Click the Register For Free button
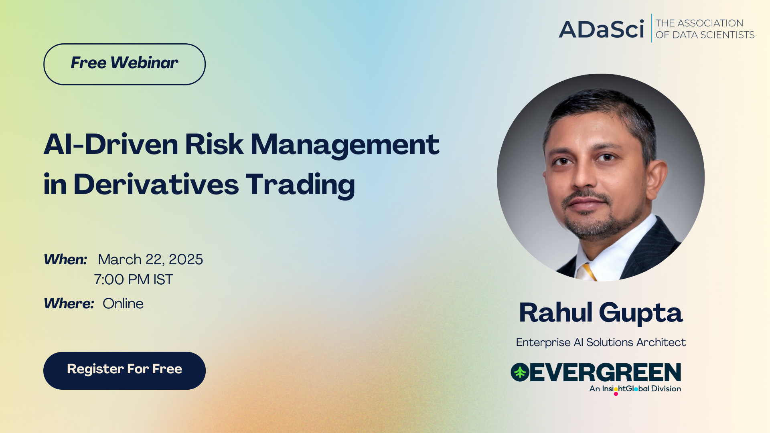[x=124, y=370]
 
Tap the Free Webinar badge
[x=124, y=64]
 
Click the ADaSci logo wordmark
[x=601, y=29]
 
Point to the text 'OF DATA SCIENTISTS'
[x=705, y=35]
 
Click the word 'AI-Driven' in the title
[x=111, y=144]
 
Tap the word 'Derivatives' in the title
[x=156, y=184]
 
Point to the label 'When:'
[x=65, y=259]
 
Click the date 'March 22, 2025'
[x=150, y=260]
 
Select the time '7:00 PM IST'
[x=134, y=279]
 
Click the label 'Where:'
[x=69, y=304]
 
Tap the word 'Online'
[x=123, y=304]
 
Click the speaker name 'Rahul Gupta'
[x=601, y=313]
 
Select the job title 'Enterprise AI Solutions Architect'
[x=601, y=342]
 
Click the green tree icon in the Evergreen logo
[x=520, y=372]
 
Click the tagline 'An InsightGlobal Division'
[x=635, y=389]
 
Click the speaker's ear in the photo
[x=658, y=176]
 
